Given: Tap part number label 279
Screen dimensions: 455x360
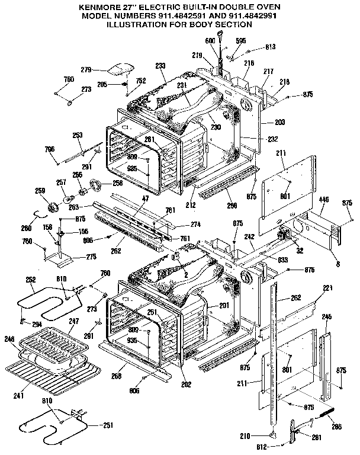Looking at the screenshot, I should [x=86, y=69].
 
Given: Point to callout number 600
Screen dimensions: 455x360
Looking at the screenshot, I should [x=208, y=40].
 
